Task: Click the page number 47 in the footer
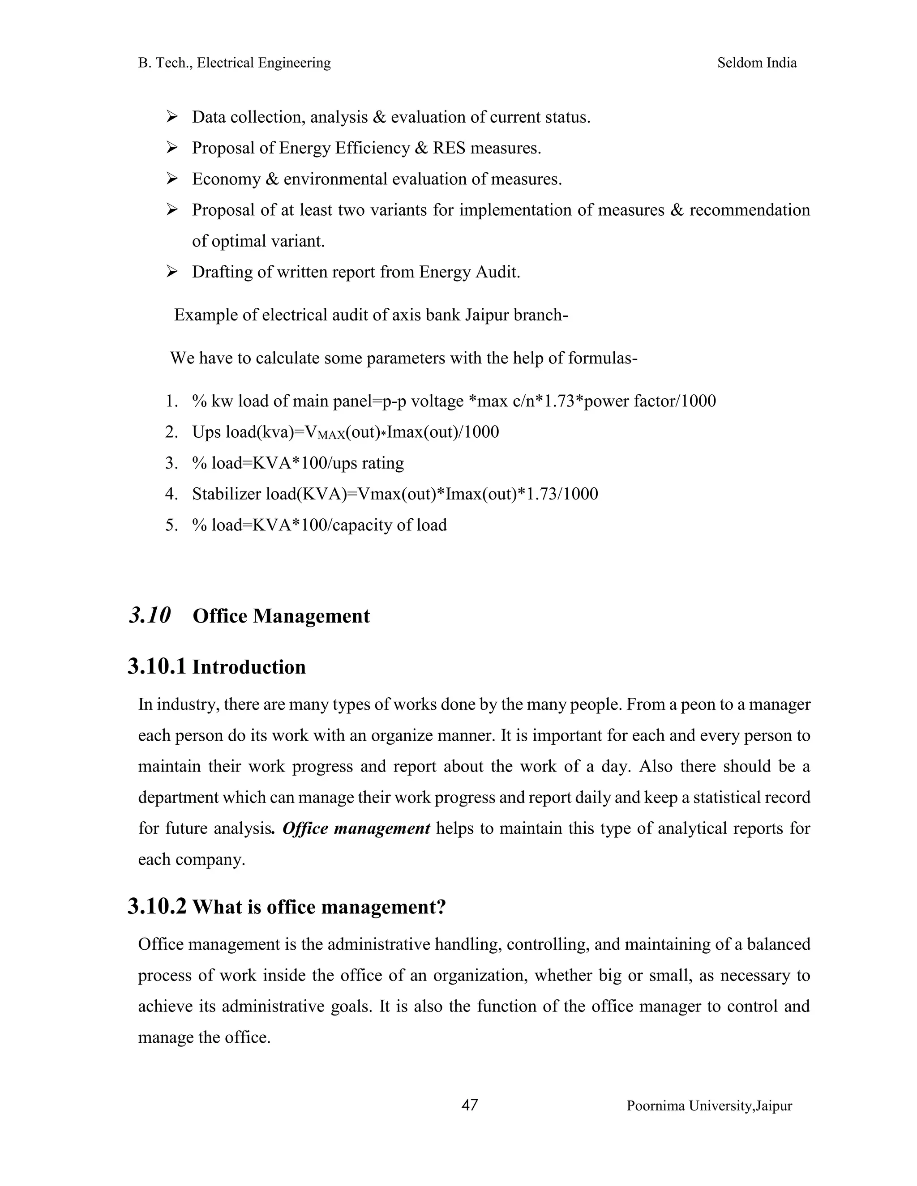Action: point(469,1105)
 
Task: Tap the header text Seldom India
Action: point(757,63)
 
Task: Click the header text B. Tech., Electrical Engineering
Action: point(234,63)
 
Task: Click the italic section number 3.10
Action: point(150,615)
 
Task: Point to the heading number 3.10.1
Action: point(156,666)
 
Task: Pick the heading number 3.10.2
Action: point(156,906)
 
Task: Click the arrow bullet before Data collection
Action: point(172,116)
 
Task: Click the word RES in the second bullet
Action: point(449,148)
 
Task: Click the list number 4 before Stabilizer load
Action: point(171,494)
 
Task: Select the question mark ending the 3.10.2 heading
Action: point(441,907)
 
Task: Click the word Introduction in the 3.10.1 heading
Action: point(249,667)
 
